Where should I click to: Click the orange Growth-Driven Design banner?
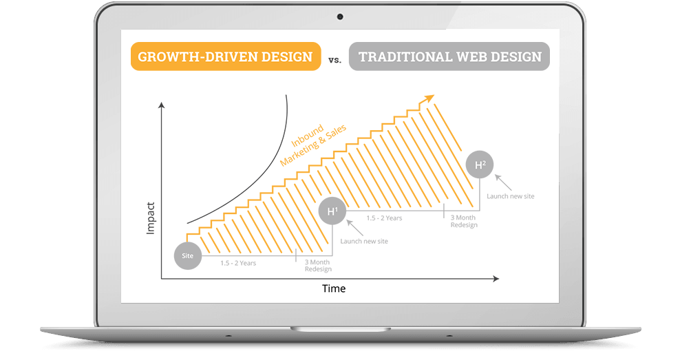click(226, 56)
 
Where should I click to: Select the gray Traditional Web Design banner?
click(449, 56)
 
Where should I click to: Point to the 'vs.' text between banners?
click(334, 61)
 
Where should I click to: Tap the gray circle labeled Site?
click(188, 256)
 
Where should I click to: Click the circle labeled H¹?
click(332, 211)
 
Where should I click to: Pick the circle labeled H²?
click(480, 165)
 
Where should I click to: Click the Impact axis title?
click(151, 218)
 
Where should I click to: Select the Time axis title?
click(334, 288)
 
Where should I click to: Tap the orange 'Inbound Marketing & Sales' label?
click(312, 144)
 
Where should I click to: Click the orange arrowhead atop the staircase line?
click(429, 98)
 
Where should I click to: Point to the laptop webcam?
click(340, 17)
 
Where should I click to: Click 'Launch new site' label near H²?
click(511, 196)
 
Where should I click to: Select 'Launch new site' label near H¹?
click(364, 241)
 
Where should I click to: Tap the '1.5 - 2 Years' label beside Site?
click(238, 263)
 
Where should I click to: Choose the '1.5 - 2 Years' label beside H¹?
click(384, 218)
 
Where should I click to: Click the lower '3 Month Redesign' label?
click(318, 266)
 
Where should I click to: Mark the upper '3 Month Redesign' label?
click(464, 221)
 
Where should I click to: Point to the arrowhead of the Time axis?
click(496, 279)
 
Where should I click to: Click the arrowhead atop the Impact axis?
click(161, 105)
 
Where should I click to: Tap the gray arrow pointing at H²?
click(503, 182)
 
